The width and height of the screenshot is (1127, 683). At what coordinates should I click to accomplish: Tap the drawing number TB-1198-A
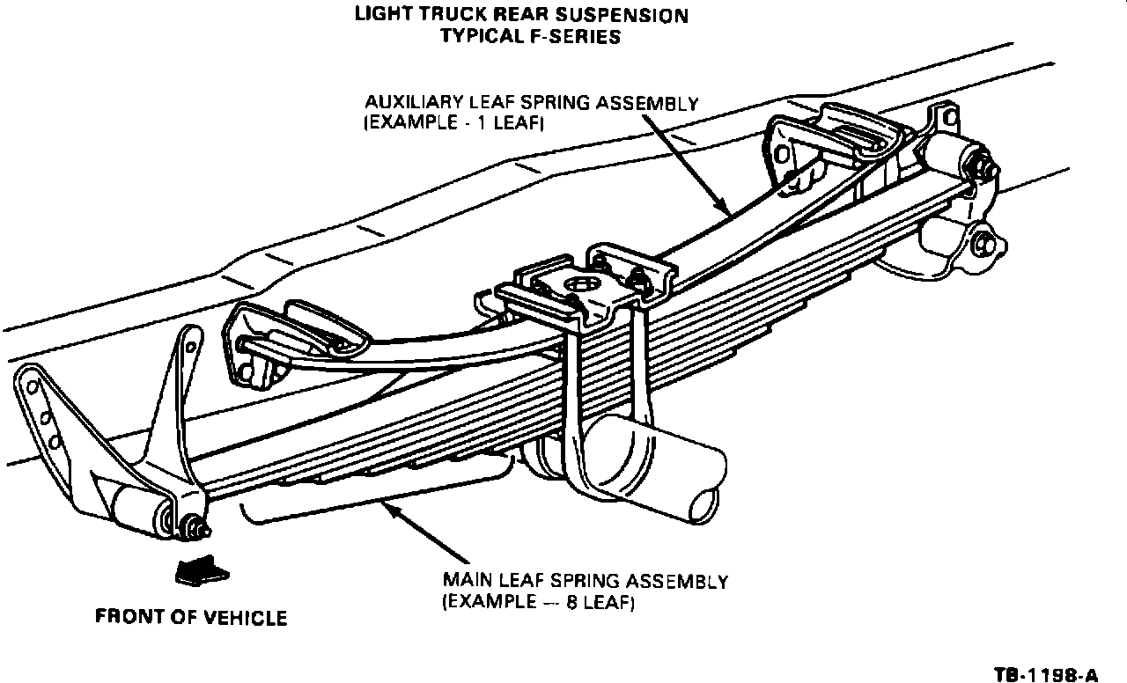click(1045, 675)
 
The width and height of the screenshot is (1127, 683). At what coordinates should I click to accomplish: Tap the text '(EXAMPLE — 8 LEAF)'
click(537, 604)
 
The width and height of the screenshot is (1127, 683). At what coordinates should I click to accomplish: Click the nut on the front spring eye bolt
click(192, 530)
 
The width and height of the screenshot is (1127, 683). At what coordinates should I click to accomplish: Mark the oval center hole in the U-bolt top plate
click(578, 283)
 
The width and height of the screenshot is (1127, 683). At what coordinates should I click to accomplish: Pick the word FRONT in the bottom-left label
click(129, 618)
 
